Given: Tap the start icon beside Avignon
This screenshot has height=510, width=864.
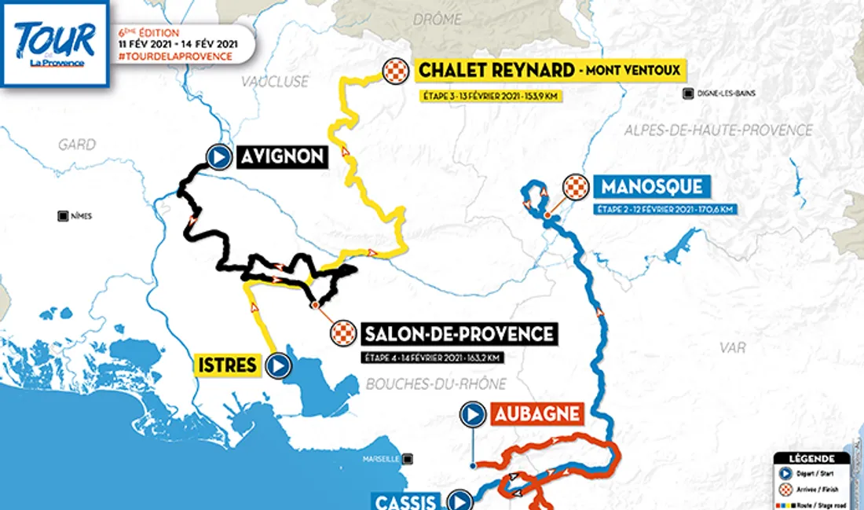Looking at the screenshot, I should click(218, 157).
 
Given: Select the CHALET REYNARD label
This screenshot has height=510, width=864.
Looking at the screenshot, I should click(496, 71).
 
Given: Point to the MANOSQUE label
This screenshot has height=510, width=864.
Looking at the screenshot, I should click(652, 188).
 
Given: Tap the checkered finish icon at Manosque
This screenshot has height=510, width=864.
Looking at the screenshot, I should click(577, 188).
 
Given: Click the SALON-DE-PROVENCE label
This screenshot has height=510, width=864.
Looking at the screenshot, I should click(459, 333).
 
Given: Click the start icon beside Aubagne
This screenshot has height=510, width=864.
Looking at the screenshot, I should click(473, 413).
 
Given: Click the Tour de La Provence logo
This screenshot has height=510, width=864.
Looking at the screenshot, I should click(53, 43).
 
